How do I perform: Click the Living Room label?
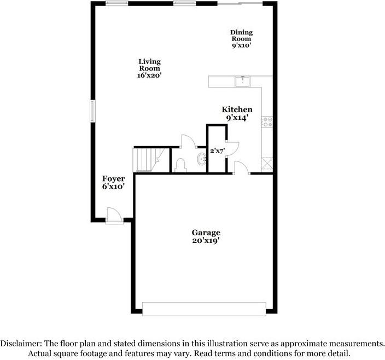click(x=149, y=68)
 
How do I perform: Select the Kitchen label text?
click(x=237, y=109)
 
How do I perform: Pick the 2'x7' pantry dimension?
click(x=218, y=151)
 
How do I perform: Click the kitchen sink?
click(x=243, y=82)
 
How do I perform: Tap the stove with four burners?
click(x=267, y=122)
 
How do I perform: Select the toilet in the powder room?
click(x=180, y=165)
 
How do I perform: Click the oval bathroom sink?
click(x=202, y=159)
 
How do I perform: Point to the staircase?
click(x=149, y=160)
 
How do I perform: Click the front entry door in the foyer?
click(x=114, y=216)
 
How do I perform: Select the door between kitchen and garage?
click(x=241, y=167)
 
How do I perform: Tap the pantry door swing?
click(x=232, y=149)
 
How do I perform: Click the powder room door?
click(x=189, y=141)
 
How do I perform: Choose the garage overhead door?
click(x=204, y=309)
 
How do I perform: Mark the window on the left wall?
click(x=92, y=111)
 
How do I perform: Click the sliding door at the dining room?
click(x=240, y=3)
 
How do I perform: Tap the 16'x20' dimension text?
click(x=149, y=75)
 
